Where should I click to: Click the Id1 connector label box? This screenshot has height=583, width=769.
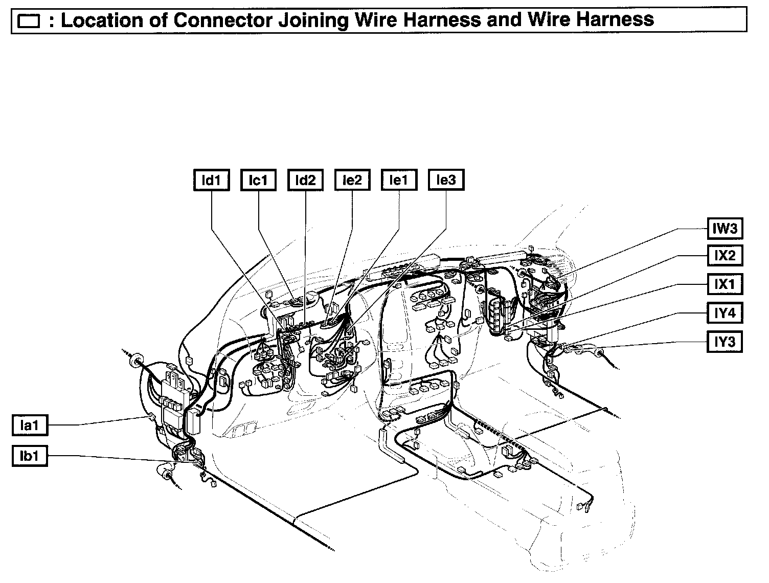point(211,181)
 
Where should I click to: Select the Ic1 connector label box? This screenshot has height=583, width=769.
point(258,181)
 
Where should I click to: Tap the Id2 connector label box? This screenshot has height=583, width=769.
point(305,181)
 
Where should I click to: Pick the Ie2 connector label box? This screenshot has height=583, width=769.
point(352,181)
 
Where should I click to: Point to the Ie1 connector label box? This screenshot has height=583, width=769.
point(399,181)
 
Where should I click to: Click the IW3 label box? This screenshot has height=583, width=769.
point(725,228)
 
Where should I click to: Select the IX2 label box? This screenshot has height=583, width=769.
point(725,256)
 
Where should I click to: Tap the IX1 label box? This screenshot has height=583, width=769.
point(725,284)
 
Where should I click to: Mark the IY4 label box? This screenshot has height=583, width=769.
point(725,312)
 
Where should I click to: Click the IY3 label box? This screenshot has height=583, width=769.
point(725,341)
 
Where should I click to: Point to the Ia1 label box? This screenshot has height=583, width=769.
point(30,425)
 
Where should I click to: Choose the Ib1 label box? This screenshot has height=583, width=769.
point(30,456)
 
